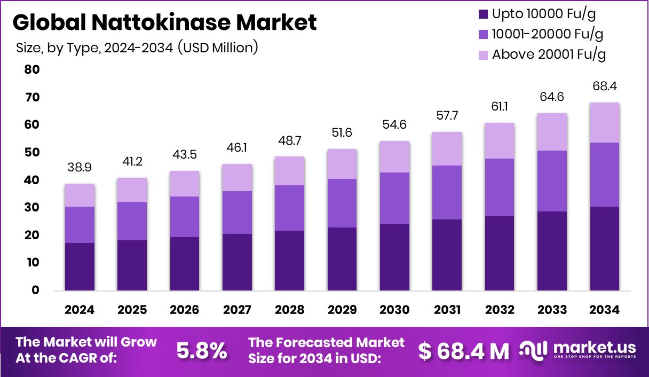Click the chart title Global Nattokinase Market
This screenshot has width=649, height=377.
click(x=164, y=22)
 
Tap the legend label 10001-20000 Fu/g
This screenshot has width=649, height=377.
click(x=548, y=34)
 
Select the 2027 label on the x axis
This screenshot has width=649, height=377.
click(x=236, y=310)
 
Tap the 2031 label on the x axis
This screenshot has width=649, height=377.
click(x=447, y=310)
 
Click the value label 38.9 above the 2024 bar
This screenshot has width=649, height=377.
click(x=80, y=168)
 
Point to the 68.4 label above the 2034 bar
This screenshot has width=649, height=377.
click(x=605, y=87)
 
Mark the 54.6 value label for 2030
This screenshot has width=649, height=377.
click(x=394, y=125)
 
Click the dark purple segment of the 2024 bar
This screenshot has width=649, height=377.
click(x=80, y=266)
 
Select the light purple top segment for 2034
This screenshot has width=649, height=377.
click(x=605, y=122)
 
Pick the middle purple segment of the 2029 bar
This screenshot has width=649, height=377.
click(x=342, y=203)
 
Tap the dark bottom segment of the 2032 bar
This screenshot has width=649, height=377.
click(x=500, y=253)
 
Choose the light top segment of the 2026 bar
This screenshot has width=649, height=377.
click(x=184, y=183)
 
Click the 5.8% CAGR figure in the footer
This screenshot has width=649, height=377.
click(x=202, y=351)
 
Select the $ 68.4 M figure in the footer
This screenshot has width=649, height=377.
click(x=463, y=351)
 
